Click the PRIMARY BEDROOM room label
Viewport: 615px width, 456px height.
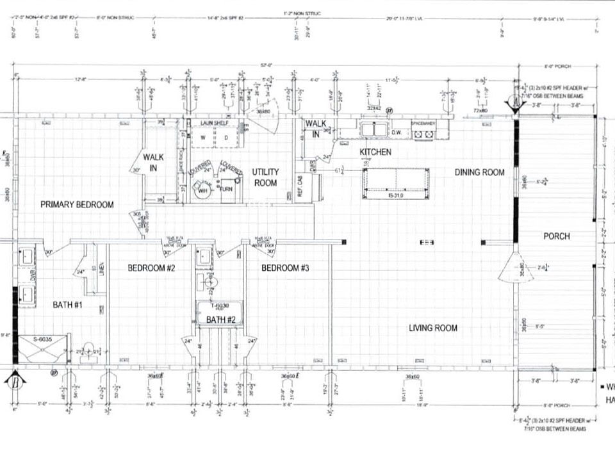pyautogui.click(x=77, y=205)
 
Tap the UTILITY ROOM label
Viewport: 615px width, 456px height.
pyautogui.click(x=265, y=177)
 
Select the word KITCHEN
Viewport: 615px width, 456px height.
pyautogui.click(x=375, y=152)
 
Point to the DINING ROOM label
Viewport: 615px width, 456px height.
pyautogui.click(x=480, y=172)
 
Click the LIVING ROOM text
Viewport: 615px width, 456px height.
pyautogui.click(x=433, y=329)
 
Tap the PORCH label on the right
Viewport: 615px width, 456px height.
pyautogui.click(x=556, y=236)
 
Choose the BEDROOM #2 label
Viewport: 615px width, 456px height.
pyautogui.click(x=151, y=268)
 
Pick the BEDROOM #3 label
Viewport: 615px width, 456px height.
pyautogui.click(x=285, y=268)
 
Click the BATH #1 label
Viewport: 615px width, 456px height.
pyautogui.click(x=67, y=305)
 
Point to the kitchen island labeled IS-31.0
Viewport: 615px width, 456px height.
pyautogui.click(x=395, y=184)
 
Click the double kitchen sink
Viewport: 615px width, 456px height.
pyautogui.click(x=371, y=130)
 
